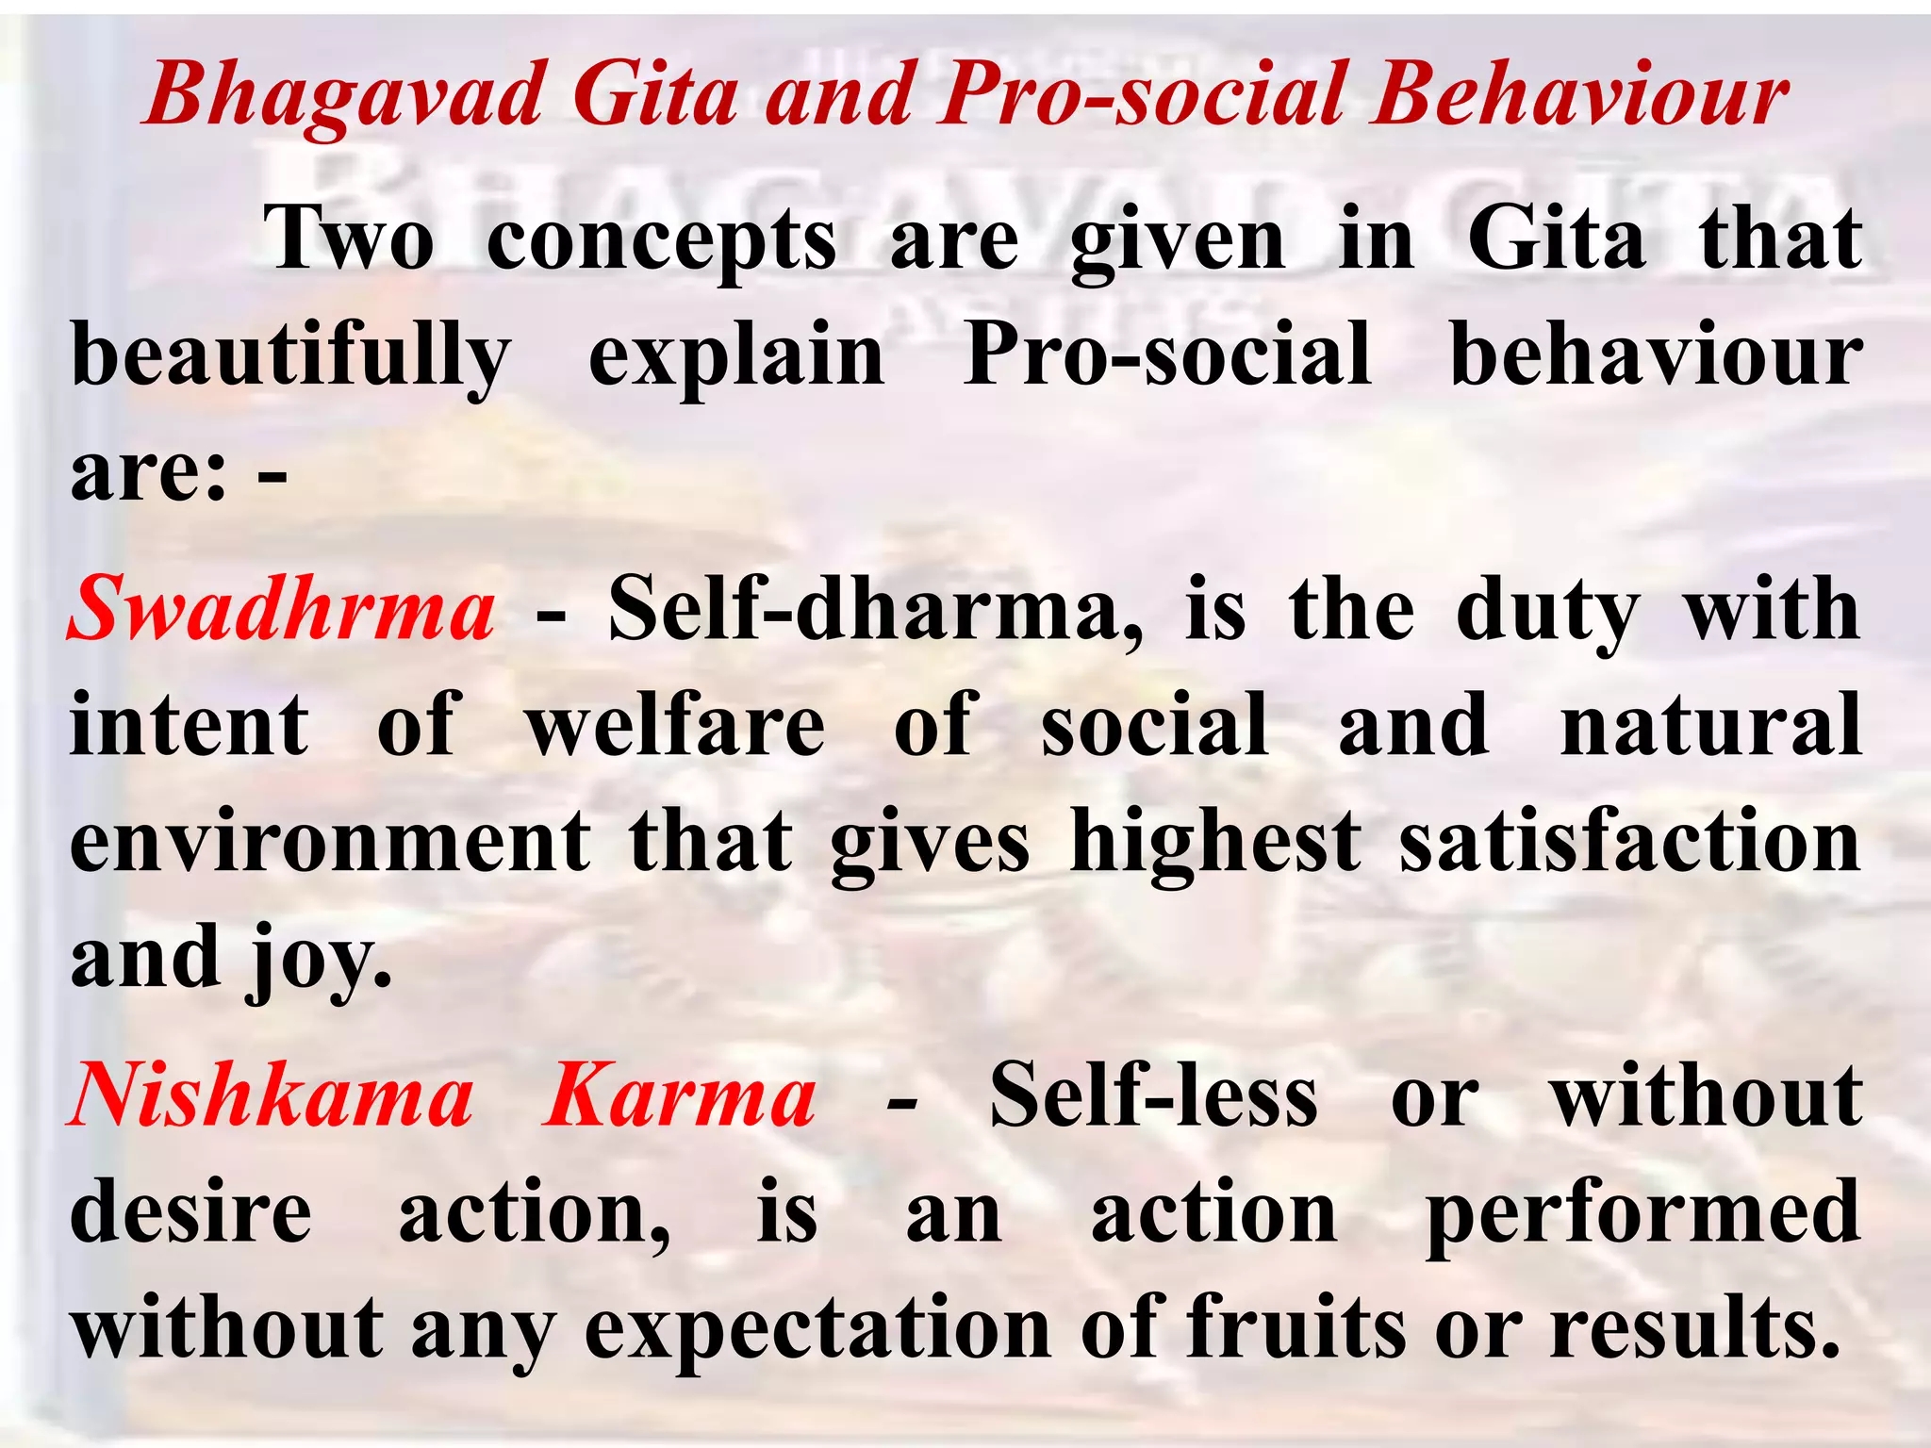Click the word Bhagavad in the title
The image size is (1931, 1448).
click(x=345, y=96)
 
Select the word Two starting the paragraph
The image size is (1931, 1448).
click(x=350, y=239)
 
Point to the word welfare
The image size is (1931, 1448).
click(x=675, y=725)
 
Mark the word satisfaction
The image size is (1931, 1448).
click(x=1630, y=841)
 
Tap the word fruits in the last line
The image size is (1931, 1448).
click(x=1296, y=1327)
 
